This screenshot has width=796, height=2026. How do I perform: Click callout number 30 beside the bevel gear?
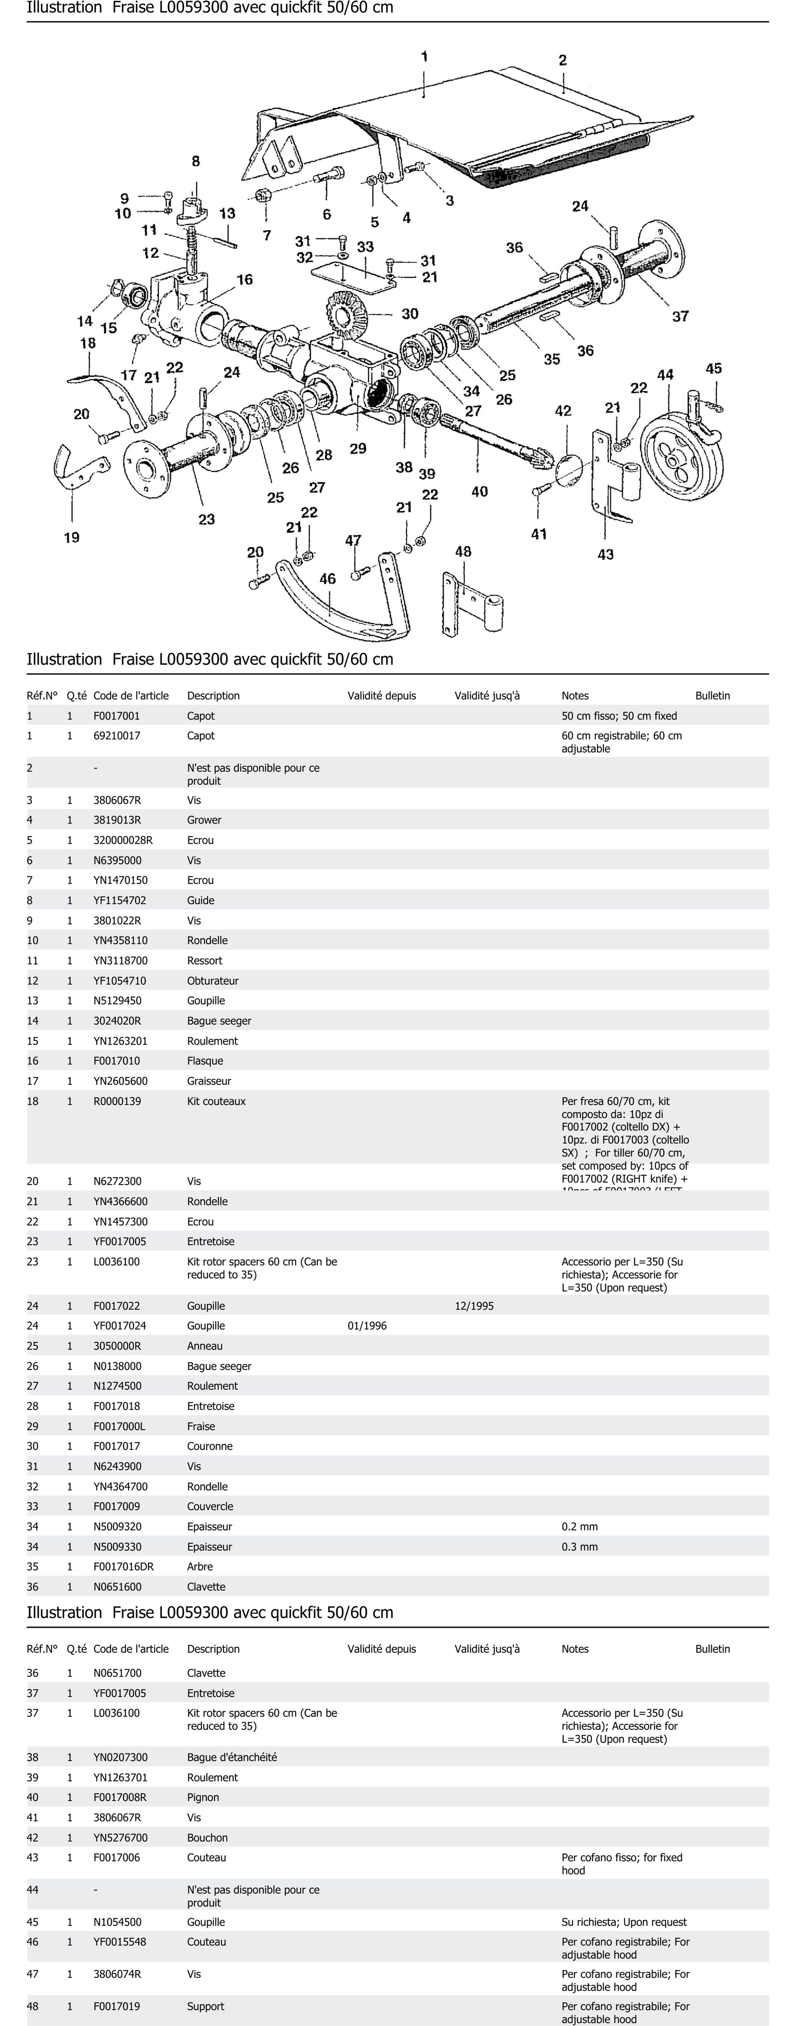tap(410, 314)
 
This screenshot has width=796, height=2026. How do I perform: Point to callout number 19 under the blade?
tap(72, 537)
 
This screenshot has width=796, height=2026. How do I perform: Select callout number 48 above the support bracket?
tap(463, 551)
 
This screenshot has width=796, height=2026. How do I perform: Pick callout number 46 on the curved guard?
tap(327, 579)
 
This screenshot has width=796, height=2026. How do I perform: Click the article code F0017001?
tap(116, 716)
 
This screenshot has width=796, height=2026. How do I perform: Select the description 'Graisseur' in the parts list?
tap(209, 1081)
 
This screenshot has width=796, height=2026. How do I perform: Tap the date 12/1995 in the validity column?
tap(474, 1306)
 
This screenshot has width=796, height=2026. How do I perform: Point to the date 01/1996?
tap(367, 1325)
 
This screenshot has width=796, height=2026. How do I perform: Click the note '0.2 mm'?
tap(580, 1526)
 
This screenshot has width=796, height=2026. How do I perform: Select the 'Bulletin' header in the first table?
tap(713, 695)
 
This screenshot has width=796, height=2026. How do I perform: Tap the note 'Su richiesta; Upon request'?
tap(624, 1922)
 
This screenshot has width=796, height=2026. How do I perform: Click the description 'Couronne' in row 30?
tap(210, 1446)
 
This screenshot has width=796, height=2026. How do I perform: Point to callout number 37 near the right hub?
tap(680, 316)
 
